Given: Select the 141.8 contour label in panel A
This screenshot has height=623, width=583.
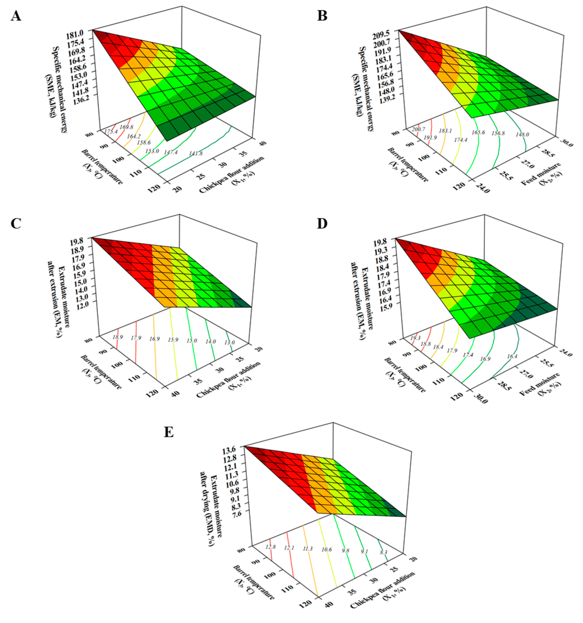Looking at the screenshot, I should [x=196, y=153].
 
